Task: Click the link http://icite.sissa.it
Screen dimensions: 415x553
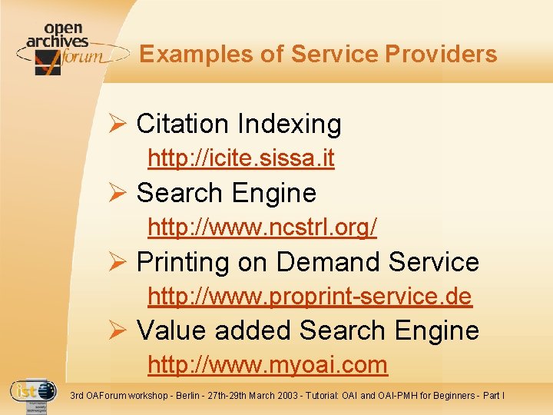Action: pos(240,159)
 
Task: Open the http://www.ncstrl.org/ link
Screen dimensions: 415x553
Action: pos(262,227)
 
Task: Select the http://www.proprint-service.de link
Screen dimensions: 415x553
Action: pos(310,296)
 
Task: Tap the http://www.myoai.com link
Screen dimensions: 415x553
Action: pos(267,364)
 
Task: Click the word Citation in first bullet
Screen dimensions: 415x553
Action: pos(182,124)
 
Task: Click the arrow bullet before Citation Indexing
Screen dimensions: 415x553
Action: pos(119,124)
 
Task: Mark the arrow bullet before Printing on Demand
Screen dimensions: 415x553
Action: pos(119,262)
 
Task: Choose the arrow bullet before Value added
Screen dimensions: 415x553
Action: pos(119,330)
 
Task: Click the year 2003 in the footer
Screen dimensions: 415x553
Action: pos(291,396)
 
